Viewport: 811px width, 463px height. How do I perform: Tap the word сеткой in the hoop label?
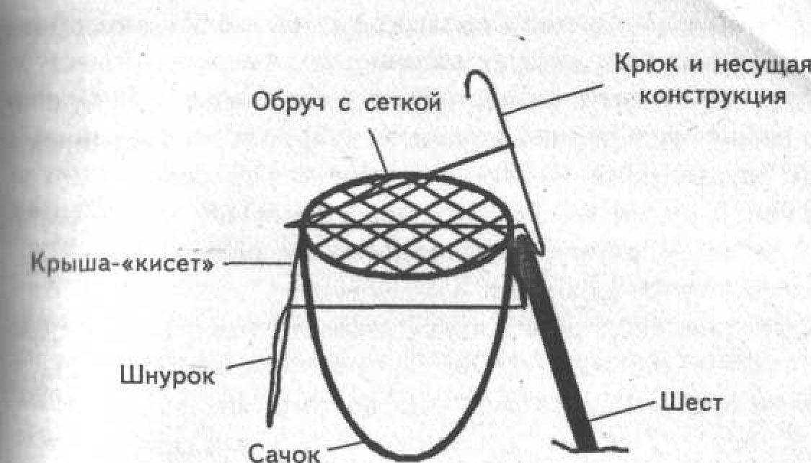tap(403, 102)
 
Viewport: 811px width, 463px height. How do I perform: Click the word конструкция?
tap(713, 96)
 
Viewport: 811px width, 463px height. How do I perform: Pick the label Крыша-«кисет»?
tap(122, 263)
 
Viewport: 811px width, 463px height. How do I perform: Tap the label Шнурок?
tap(167, 375)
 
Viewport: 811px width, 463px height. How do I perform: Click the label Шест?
tap(692, 402)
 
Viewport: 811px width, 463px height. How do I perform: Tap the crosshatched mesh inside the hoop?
tap(406, 226)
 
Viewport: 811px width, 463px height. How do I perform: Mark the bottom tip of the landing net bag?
tap(409, 459)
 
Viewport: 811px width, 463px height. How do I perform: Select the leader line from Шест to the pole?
tap(624, 411)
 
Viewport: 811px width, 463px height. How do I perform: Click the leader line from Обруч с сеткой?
tap(377, 151)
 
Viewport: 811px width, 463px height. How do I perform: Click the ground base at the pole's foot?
tap(590, 447)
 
